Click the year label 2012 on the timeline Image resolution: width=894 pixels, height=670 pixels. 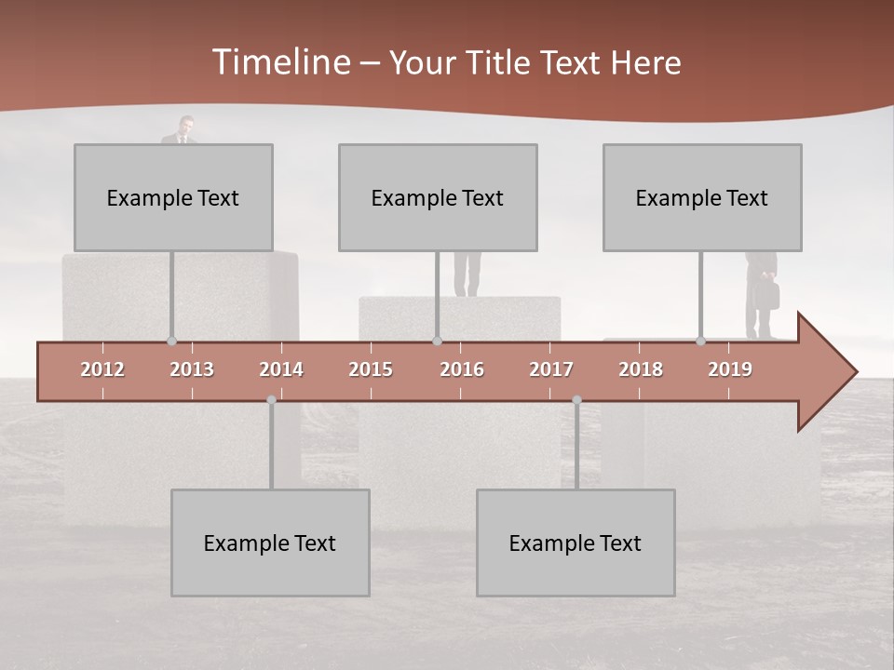point(102,369)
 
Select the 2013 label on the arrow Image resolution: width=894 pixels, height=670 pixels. point(192,369)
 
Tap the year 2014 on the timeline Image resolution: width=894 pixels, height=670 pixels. point(281,369)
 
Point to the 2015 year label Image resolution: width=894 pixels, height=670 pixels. point(371,369)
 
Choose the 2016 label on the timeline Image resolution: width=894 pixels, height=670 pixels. point(462,369)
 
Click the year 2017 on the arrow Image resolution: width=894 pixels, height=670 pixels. point(551,369)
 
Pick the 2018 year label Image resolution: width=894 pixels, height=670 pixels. point(641,369)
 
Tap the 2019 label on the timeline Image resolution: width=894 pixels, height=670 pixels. point(730,369)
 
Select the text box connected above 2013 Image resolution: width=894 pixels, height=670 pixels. point(173,197)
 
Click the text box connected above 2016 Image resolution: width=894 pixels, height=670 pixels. point(438,197)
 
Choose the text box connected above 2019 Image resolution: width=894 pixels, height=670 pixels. point(702,197)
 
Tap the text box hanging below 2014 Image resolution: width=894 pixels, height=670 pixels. point(270,543)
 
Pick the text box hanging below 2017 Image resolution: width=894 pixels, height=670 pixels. point(576,543)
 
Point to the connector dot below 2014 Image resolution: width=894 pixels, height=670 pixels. point(271,400)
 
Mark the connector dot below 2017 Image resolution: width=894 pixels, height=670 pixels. point(576,400)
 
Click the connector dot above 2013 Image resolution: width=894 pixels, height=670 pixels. point(171,342)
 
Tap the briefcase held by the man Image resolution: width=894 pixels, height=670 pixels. point(767,295)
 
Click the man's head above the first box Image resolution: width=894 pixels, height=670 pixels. point(185,124)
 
